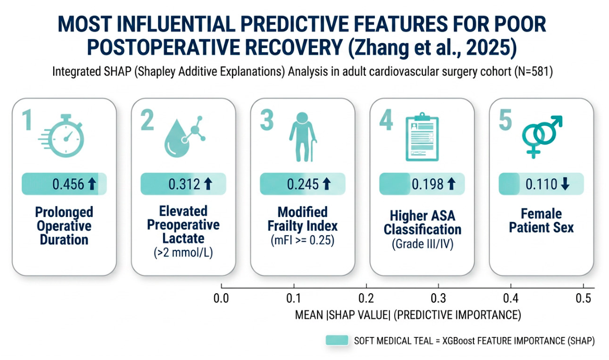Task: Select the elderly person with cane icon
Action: [303, 137]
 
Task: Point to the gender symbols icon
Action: [541, 136]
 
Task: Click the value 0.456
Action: [68, 184]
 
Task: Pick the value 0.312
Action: [184, 184]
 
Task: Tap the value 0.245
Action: [303, 184]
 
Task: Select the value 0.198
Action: [428, 184]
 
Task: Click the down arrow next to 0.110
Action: [565, 184]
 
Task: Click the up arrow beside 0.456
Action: [92, 184]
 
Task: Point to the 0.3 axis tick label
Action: [439, 298]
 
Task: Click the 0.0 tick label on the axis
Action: [222, 298]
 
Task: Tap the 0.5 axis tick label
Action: [583, 298]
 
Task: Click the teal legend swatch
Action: [337, 340]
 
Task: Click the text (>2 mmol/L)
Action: [184, 253]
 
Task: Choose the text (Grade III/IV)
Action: [422, 244]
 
